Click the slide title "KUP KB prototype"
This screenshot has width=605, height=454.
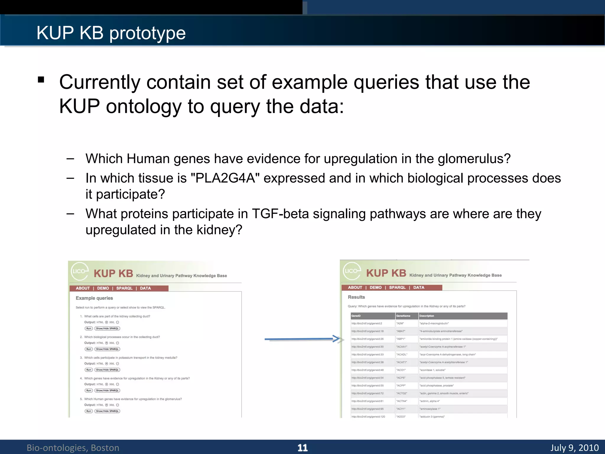click(x=111, y=33)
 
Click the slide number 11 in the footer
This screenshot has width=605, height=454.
click(x=302, y=447)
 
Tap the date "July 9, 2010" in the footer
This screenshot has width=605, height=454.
click(x=574, y=447)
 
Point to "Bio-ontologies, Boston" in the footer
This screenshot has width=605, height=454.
click(x=73, y=447)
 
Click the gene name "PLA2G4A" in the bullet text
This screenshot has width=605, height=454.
click(x=225, y=178)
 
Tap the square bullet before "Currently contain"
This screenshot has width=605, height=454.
click(x=41, y=80)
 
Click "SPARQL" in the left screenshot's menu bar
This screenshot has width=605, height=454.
click(x=124, y=288)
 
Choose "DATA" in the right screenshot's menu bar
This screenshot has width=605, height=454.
click(x=419, y=287)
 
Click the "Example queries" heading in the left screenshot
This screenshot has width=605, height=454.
click(x=94, y=298)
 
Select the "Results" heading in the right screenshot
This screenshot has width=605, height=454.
click(x=356, y=297)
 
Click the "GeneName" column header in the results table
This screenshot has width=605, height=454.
click(x=403, y=316)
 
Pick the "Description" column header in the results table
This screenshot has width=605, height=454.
click(x=427, y=316)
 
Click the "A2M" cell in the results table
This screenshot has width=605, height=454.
click(x=400, y=323)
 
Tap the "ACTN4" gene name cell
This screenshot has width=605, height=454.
click(x=402, y=401)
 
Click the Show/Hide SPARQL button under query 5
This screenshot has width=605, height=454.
click(x=107, y=411)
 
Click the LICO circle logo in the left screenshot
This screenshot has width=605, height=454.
click(x=79, y=271)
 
